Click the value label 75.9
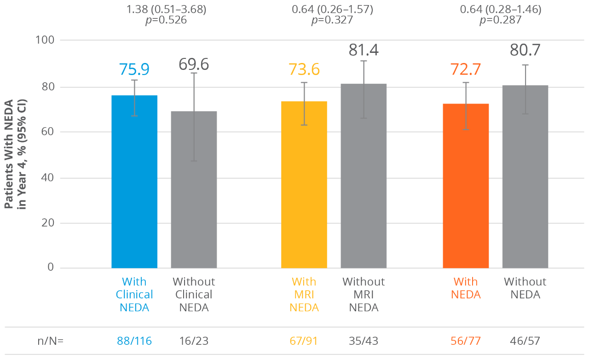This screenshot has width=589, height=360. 134,69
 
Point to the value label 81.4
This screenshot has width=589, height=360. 364,50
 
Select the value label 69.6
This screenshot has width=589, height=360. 194,65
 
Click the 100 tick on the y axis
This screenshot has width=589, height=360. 45,40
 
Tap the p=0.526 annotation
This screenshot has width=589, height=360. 166,20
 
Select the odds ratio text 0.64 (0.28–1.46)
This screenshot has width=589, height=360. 501,9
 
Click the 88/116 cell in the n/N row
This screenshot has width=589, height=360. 134,341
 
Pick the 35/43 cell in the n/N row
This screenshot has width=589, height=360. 364,341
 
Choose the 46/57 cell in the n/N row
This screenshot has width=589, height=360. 525,341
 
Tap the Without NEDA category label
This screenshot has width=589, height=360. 525,288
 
